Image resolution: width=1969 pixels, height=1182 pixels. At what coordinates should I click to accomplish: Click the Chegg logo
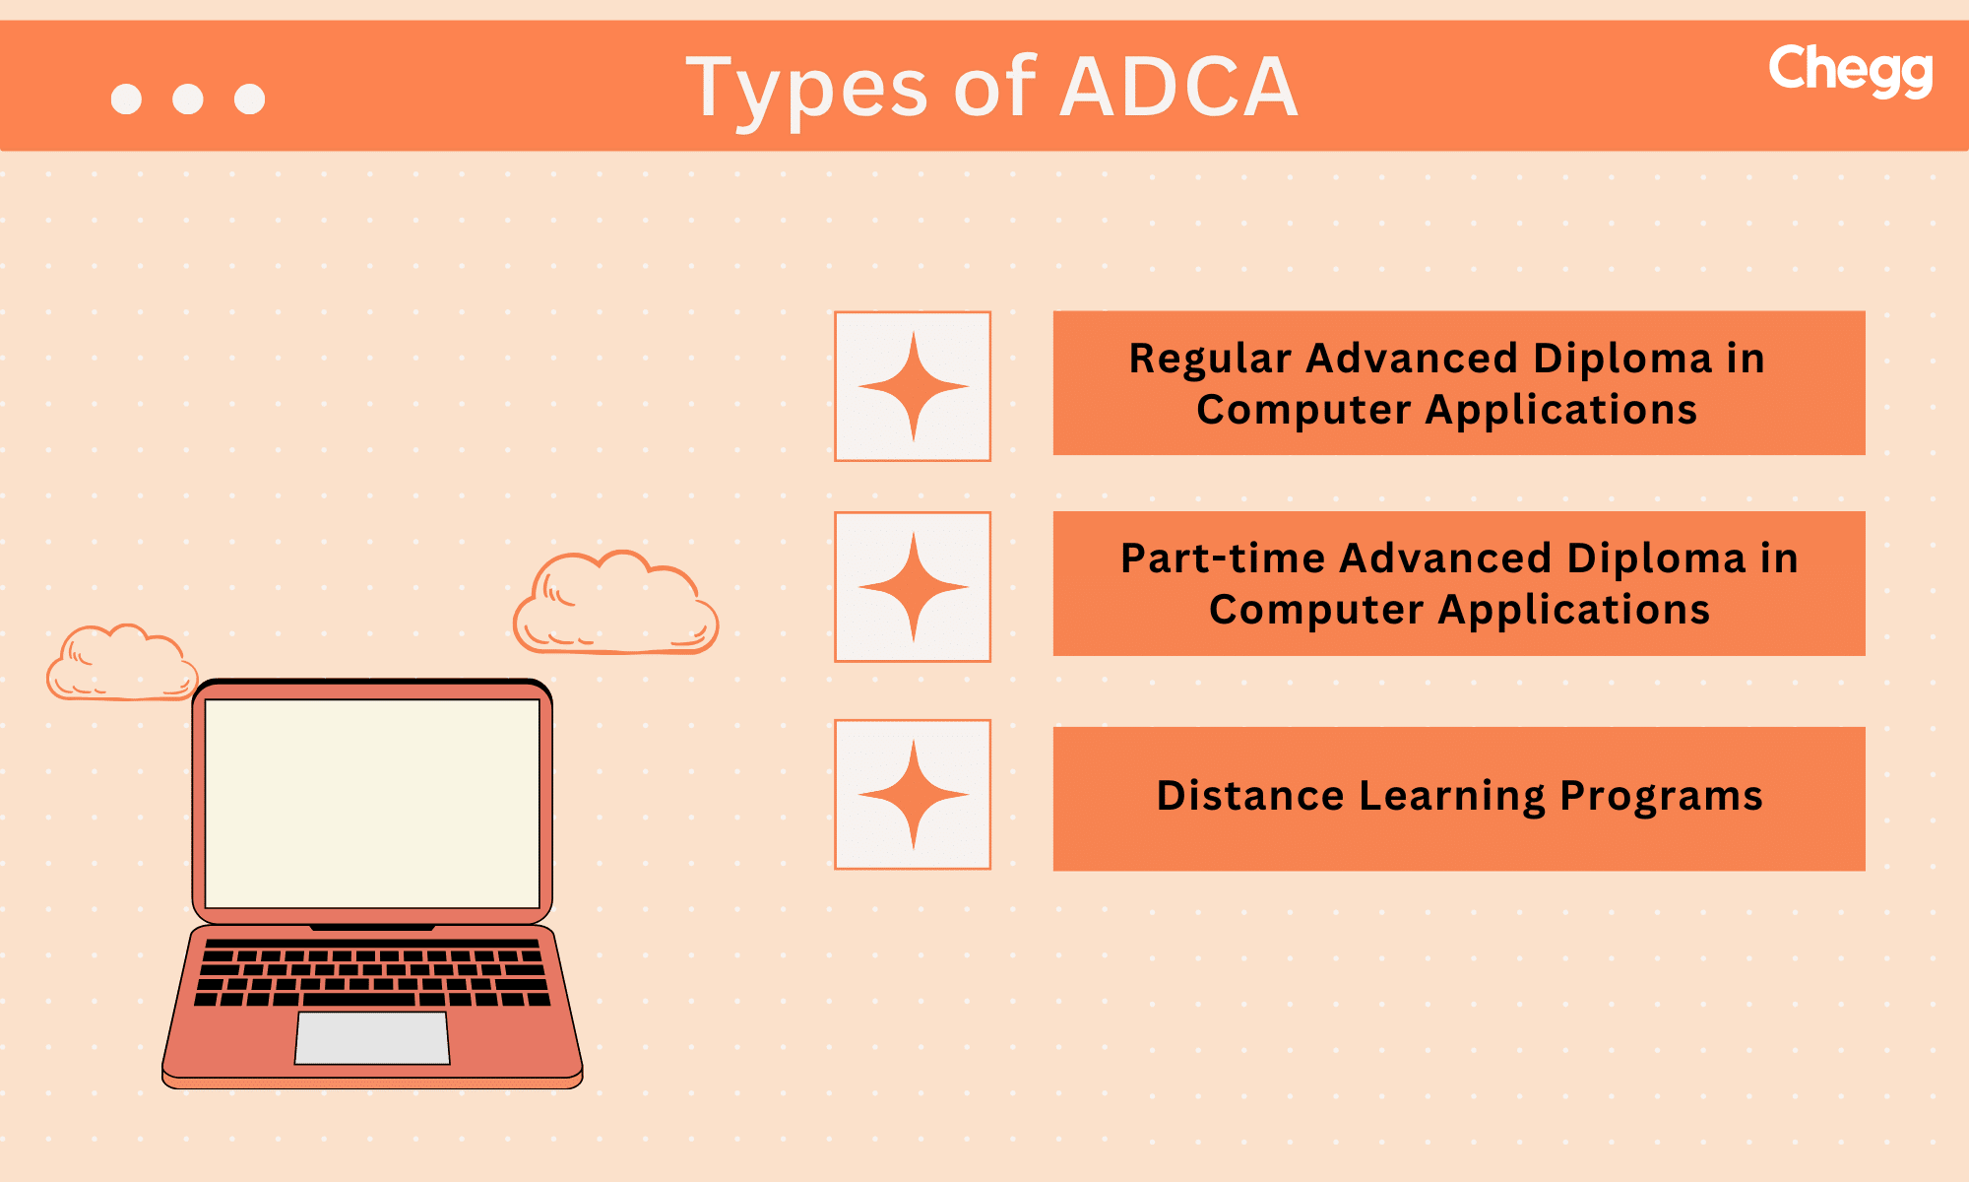coord(1850,70)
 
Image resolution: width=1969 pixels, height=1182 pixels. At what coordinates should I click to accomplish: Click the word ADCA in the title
coord(1178,88)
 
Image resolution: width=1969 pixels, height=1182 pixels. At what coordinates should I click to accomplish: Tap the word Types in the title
coord(806,90)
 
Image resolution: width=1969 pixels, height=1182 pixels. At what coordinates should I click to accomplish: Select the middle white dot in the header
coord(188,98)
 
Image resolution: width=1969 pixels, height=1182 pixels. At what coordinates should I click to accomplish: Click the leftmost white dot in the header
coord(126,98)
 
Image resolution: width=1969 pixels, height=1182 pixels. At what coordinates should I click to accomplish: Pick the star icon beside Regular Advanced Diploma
coord(913,386)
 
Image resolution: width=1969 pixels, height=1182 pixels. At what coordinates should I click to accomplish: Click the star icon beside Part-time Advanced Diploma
coord(913,587)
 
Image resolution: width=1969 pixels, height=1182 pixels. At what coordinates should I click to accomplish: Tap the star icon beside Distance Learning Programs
coord(913,794)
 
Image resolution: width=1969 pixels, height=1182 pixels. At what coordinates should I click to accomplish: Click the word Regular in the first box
coord(1210,359)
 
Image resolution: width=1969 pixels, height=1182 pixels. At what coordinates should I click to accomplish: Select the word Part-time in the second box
coord(1223,558)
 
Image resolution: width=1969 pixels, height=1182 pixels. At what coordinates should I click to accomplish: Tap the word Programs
coord(1661,796)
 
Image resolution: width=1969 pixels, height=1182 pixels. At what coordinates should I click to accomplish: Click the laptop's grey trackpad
coord(372,1038)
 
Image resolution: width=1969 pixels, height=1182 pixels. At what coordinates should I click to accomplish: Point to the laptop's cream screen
coord(372,804)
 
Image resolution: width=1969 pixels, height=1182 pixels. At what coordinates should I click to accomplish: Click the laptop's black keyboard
coord(372,971)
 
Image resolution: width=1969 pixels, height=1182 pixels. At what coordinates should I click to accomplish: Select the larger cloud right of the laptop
coord(616,606)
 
